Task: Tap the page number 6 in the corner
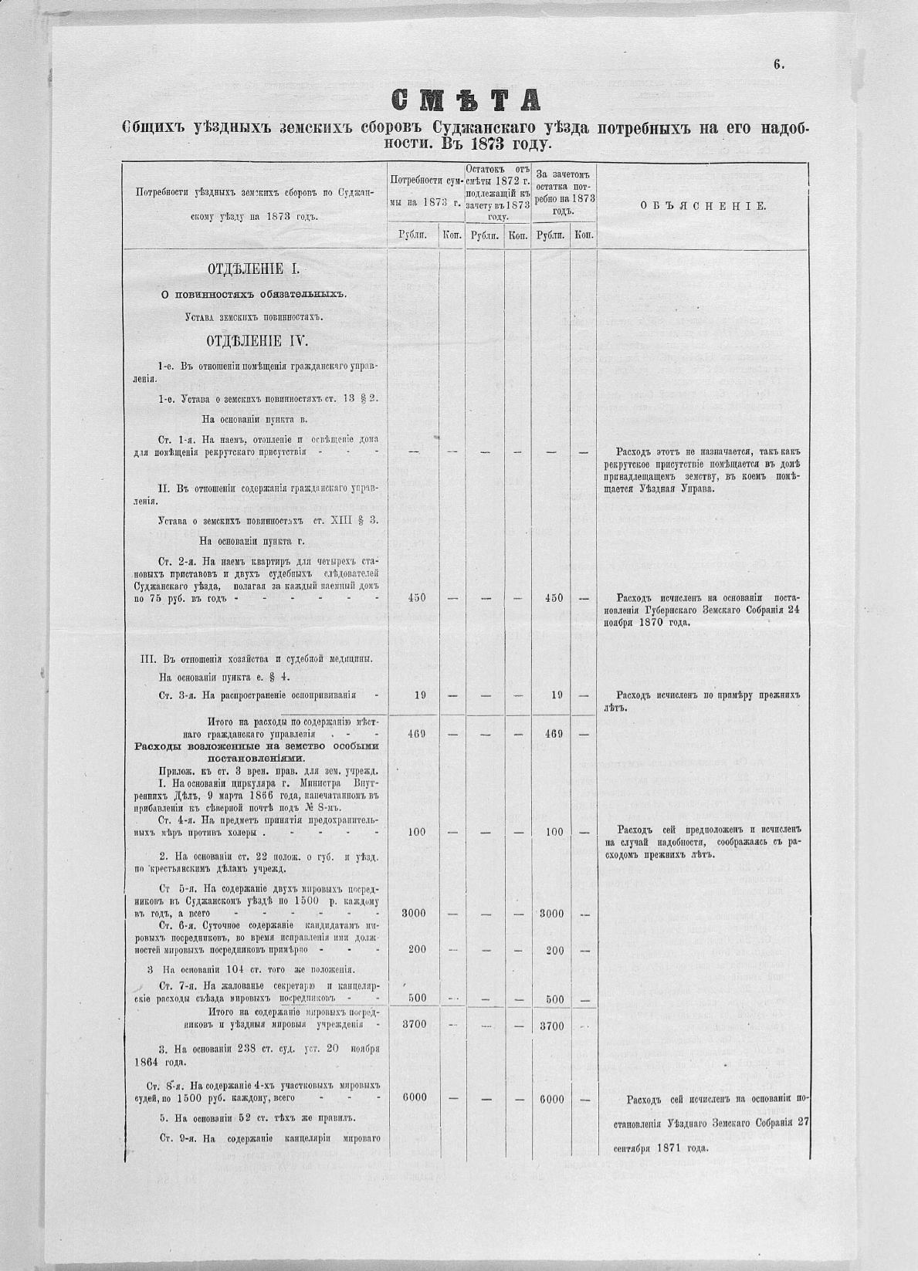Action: click(x=778, y=66)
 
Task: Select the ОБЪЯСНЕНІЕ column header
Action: click(x=703, y=206)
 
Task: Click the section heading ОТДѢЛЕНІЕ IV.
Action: click(x=256, y=341)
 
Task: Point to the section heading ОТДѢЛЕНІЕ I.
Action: click(x=253, y=269)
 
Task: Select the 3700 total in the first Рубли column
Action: click(x=414, y=1025)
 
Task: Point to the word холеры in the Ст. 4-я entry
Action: click(x=243, y=833)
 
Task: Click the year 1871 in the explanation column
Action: click(x=674, y=1148)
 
